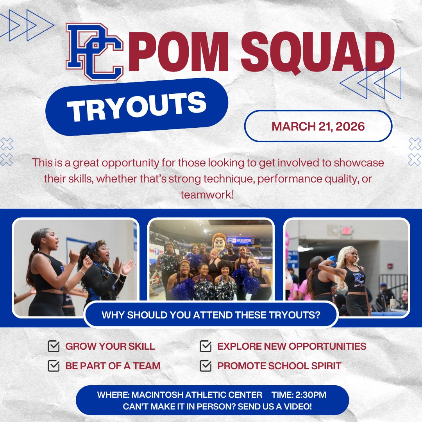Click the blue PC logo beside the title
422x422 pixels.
tap(95, 52)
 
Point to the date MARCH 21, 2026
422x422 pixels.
tap(318, 127)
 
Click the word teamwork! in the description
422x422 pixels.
tap(207, 194)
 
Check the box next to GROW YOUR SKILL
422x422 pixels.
tap(53, 346)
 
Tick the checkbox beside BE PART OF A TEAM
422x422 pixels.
tap(53, 366)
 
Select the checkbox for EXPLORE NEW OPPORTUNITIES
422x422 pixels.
tap(205, 346)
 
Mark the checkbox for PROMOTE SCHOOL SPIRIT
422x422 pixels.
tap(205, 366)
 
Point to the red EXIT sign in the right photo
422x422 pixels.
tap(346, 231)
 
